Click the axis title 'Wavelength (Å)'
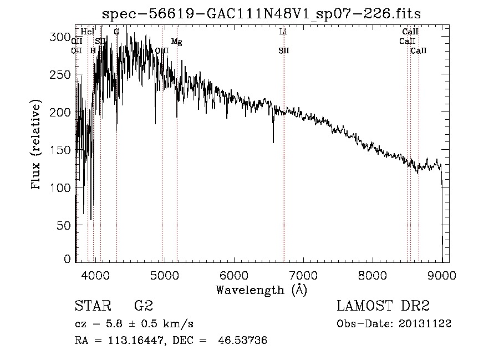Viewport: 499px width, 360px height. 261,290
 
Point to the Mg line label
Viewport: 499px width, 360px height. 176,42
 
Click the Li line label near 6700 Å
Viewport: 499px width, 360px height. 283,32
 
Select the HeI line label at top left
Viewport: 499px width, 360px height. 88,32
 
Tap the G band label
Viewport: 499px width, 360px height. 116,32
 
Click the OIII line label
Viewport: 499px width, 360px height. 162,50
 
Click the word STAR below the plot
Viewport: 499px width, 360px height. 92,306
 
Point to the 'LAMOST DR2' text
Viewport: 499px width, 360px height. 383,306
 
